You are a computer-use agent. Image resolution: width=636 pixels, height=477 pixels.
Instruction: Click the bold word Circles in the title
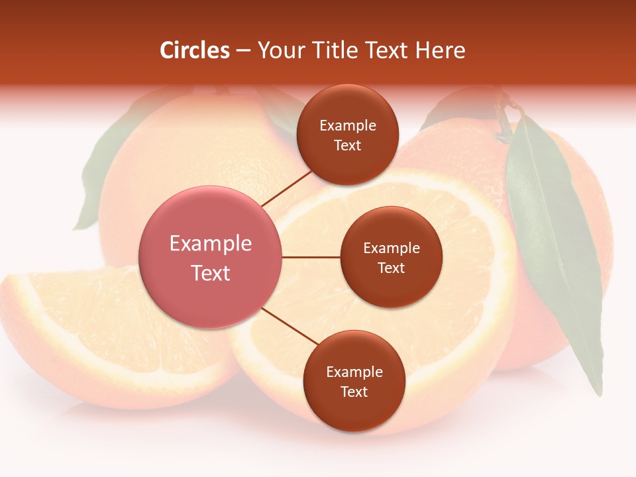click(x=195, y=50)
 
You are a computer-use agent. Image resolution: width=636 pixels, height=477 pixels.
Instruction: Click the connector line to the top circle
click(x=286, y=187)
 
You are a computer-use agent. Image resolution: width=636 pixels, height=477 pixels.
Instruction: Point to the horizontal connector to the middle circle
click(x=311, y=257)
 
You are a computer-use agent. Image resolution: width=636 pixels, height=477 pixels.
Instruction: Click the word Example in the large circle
click(x=211, y=244)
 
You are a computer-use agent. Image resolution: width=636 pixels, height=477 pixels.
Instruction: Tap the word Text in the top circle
click(x=348, y=145)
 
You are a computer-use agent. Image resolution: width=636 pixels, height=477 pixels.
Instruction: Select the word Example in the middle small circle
click(x=391, y=248)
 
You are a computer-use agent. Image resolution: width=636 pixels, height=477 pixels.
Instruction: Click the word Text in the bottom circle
click(x=354, y=392)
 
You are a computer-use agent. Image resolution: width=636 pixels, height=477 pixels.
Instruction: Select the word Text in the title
click(x=390, y=50)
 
